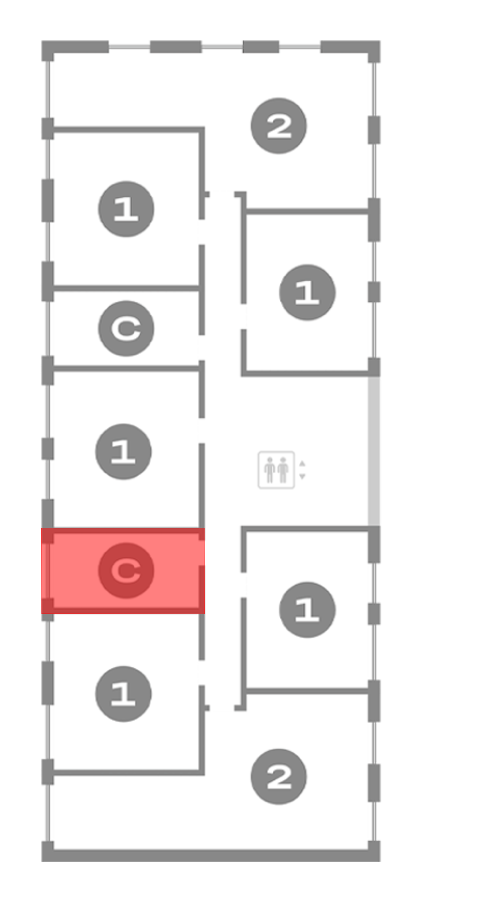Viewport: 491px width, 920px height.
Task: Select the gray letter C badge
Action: [x=126, y=328]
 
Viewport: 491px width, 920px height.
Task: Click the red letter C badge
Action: [x=126, y=570]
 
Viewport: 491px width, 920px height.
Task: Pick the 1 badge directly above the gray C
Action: [x=126, y=209]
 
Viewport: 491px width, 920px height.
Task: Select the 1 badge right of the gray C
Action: [x=307, y=292]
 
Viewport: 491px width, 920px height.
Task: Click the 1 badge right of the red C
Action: [x=307, y=610]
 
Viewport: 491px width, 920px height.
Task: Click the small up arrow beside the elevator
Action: [x=302, y=464]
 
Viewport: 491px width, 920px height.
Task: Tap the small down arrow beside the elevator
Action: [x=302, y=476]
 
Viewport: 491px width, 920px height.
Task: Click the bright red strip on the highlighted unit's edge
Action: [x=44, y=570]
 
